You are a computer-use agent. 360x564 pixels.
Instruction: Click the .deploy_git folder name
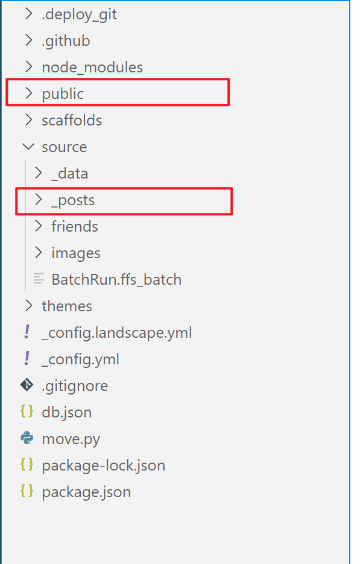point(80,14)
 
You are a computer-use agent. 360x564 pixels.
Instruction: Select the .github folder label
point(66,41)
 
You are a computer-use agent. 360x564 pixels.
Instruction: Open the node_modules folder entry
point(92,68)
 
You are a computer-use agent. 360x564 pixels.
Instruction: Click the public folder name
point(63,94)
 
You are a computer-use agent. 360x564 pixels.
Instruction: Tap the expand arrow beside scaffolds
point(29,120)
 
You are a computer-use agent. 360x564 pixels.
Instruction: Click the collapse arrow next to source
point(28,147)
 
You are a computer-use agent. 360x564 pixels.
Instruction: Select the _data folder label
point(70,173)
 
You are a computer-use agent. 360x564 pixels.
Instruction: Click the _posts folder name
point(73,200)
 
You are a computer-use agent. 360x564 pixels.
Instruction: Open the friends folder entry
point(75,227)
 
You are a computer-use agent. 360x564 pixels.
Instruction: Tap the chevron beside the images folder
point(38,253)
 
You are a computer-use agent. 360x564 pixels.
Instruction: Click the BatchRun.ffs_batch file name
point(116,280)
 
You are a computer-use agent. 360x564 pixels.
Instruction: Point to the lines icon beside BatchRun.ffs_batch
point(39,279)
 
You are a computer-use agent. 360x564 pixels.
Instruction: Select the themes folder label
point(67,306)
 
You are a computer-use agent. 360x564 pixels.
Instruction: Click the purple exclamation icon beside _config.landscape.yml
point(27,332)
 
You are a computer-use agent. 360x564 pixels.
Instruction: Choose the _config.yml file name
point(81,360)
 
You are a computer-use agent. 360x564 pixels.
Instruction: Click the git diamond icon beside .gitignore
point(27,385)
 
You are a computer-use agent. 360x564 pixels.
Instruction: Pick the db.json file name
point(67,412)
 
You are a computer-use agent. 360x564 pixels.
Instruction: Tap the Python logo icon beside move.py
point(27,438)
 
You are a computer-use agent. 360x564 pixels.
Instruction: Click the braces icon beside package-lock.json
point(27,464)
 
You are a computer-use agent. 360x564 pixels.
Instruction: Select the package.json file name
point(86,492)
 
